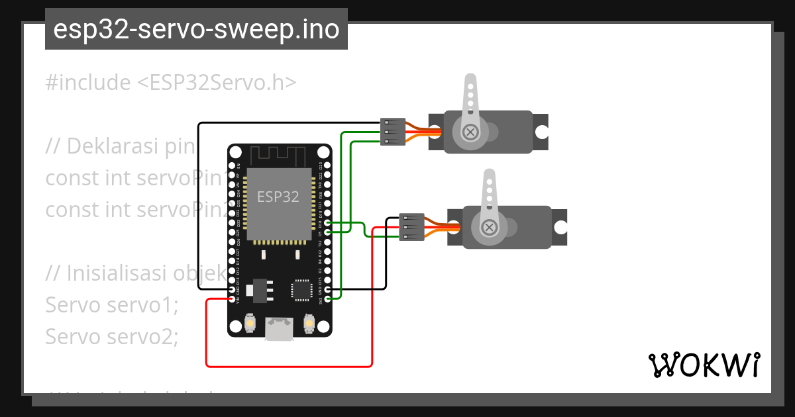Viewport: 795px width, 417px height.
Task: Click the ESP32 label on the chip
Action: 278,197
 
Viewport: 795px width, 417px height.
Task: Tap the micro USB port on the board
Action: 279,328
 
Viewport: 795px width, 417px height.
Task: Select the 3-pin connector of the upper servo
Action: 393,132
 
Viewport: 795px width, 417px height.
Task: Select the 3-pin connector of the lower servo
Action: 411,227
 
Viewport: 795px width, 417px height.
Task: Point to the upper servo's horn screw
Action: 470,132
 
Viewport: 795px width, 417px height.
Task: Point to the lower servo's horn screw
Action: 489,227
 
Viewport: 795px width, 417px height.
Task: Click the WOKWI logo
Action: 703,365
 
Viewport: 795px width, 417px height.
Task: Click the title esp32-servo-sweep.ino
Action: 196,30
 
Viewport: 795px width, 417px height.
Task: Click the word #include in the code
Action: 88,83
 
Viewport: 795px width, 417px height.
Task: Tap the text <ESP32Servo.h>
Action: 217,83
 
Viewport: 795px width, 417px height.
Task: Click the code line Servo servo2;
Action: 112,336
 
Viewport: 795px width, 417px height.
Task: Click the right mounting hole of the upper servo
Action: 541,132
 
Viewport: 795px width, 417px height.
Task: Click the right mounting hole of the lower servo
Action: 560,227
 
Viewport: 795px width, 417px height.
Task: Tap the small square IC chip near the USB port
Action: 301,290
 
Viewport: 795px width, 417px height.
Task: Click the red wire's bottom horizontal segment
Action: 289,365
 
